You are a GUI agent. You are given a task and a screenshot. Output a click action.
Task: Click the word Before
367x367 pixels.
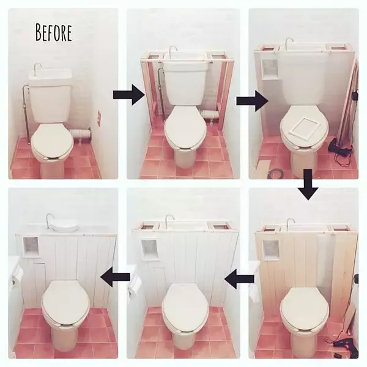pyautogui.click(x=54, y=32)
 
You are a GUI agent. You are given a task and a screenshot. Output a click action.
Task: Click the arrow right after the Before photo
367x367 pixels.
pyautogui.click(x=128, y=95)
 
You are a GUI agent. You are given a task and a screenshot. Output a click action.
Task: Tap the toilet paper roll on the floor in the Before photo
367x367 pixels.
pyautogui.click(x=80, y=133)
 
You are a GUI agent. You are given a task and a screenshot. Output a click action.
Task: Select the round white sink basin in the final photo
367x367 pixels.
pyautogui.click(x=64, y=224)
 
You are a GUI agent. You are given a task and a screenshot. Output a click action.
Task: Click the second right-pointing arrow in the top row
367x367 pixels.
pyautogui.click(x=251, y=98)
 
